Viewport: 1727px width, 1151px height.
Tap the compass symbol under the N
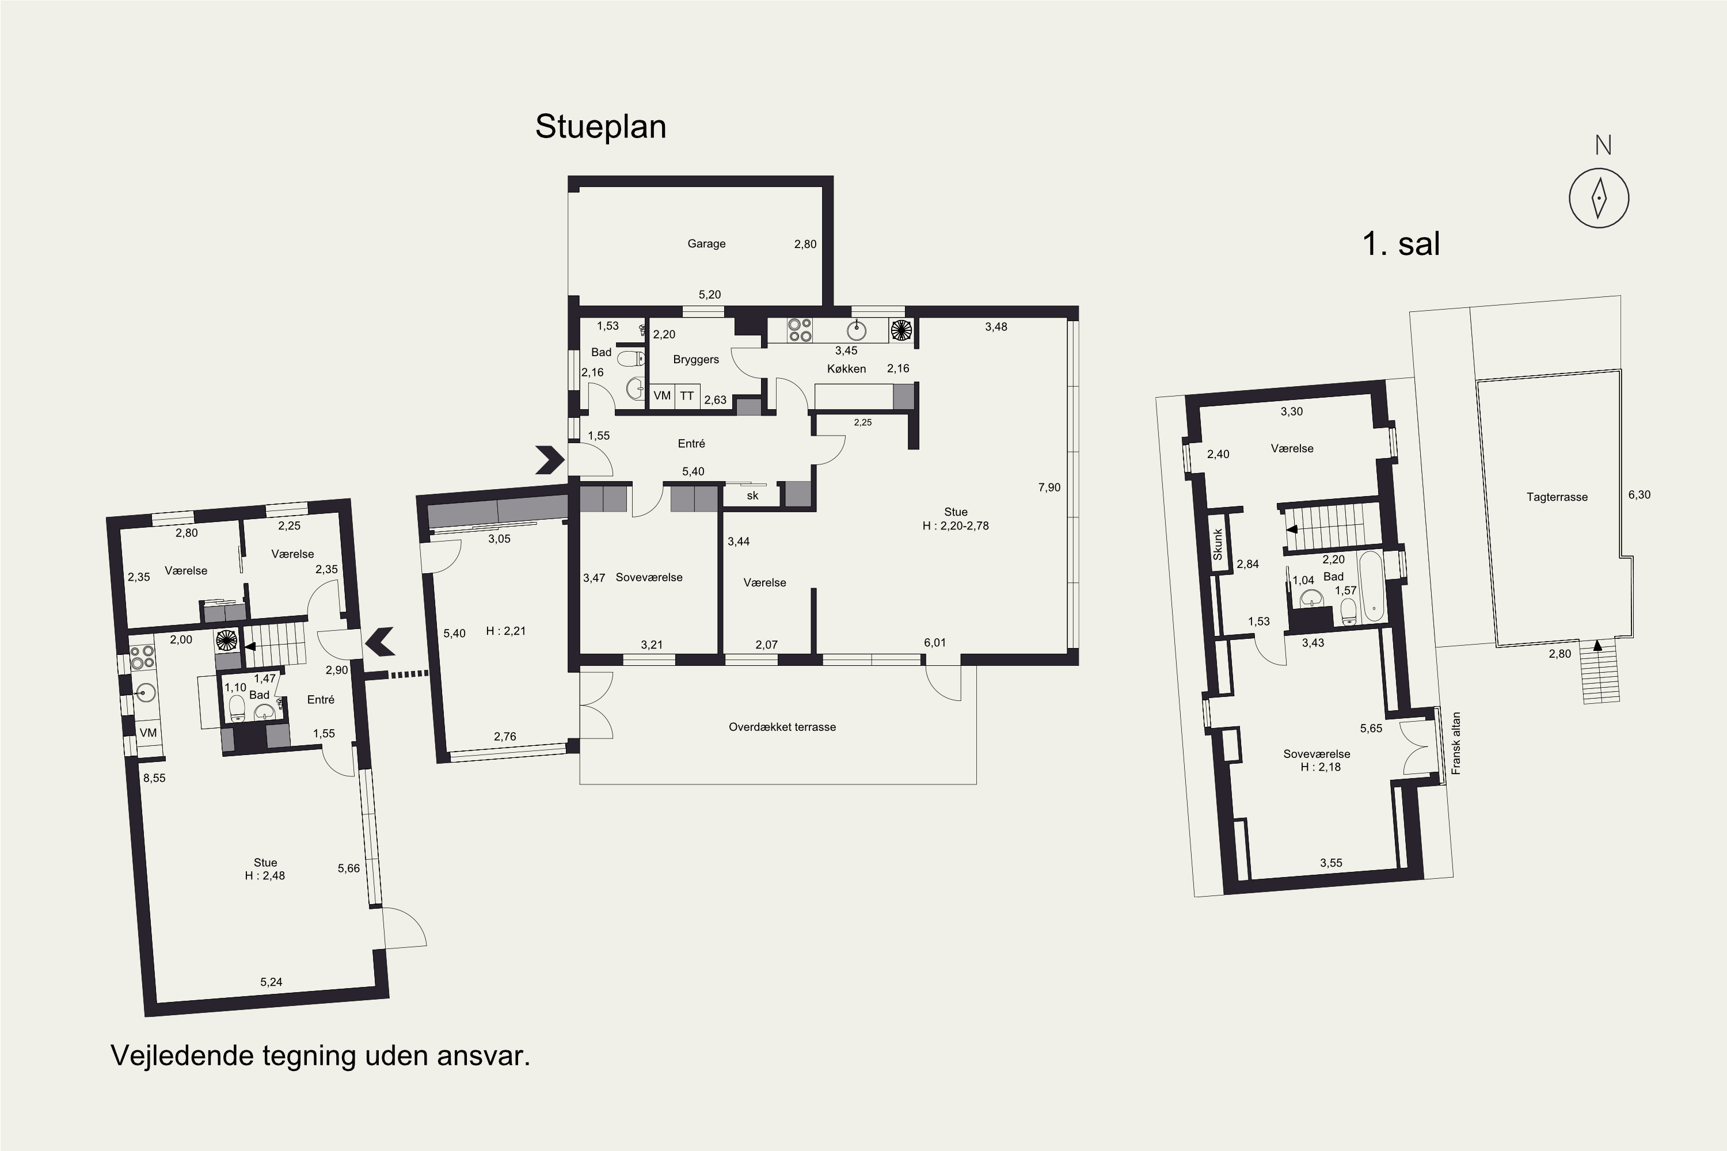1599,197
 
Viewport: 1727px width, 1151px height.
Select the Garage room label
706,243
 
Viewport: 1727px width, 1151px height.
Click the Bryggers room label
696,360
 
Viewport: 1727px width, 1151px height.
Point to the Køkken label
847,368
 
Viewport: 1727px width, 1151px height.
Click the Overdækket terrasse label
782,727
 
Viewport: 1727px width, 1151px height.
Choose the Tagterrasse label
1557,497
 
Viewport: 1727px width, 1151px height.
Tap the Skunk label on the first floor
1218,544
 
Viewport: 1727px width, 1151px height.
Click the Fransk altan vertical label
1456,743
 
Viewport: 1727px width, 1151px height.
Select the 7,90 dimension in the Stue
1049,487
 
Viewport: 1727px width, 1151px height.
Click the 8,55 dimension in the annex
154,778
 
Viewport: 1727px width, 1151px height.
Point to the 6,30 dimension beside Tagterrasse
1639,495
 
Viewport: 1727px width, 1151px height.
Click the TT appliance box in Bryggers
687,397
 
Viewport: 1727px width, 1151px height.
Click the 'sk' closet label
752,496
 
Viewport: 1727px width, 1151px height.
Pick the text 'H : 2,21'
506,631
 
